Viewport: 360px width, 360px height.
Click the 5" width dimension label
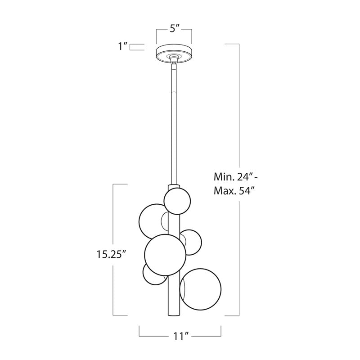click(174, 29)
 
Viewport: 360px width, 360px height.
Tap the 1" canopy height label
click(122, 46)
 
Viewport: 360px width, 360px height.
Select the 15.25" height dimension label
click(112, 254)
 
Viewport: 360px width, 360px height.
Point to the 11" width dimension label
click(180, 337)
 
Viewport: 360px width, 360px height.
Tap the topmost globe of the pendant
click(177, 201)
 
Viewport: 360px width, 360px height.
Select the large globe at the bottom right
click(200, 289)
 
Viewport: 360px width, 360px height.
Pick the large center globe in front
click(165, 255)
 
